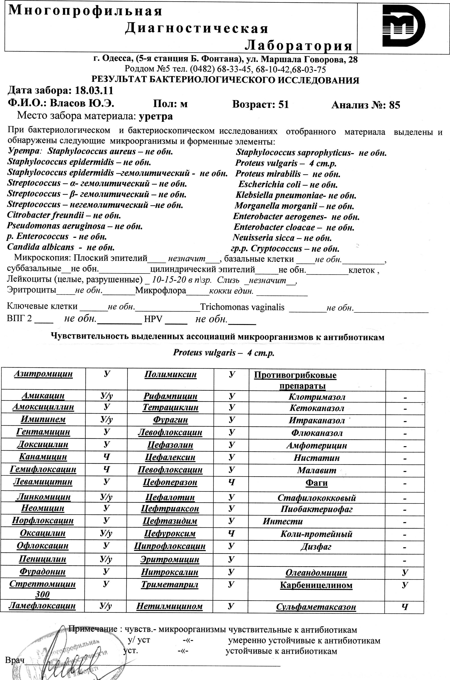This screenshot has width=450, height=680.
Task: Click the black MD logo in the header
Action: pos(403,27)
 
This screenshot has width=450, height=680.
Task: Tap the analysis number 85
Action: pos(394,105)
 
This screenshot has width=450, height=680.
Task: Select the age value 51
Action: pos(283,105)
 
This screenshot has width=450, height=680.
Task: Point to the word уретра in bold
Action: pos(156,116)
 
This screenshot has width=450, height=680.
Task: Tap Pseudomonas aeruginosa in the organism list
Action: pos(56,226)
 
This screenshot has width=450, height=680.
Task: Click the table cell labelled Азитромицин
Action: pos(43,374)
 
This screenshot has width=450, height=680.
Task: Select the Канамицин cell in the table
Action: pos(43,457)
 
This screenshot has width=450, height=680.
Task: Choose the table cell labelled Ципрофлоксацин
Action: pos(170,546)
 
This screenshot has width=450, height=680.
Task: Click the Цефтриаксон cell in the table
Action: pos(170,509)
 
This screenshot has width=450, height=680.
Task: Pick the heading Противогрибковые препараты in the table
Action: pos(295,380)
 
